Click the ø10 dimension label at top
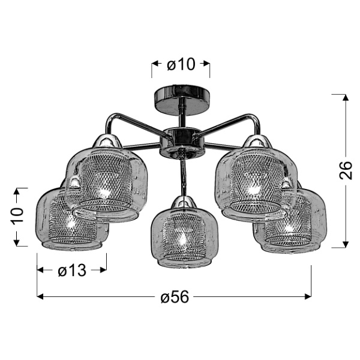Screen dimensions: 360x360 (x=180, y=64)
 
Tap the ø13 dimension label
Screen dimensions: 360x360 (x=72, y=271)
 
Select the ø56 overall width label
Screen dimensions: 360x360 (x=175, y=296)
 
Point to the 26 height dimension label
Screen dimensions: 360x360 (x=345, y=171)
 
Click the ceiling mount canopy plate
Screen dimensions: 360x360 (x=181, y=94)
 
